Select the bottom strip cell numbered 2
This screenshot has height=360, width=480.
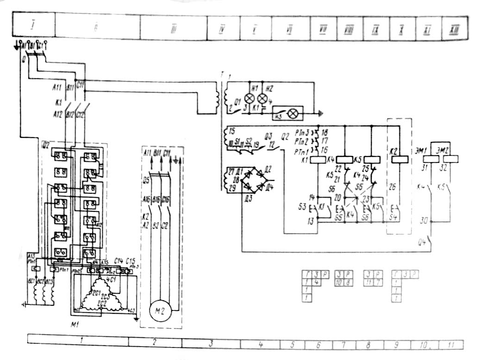point(155,343)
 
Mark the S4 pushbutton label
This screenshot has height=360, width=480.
point(394,217)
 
